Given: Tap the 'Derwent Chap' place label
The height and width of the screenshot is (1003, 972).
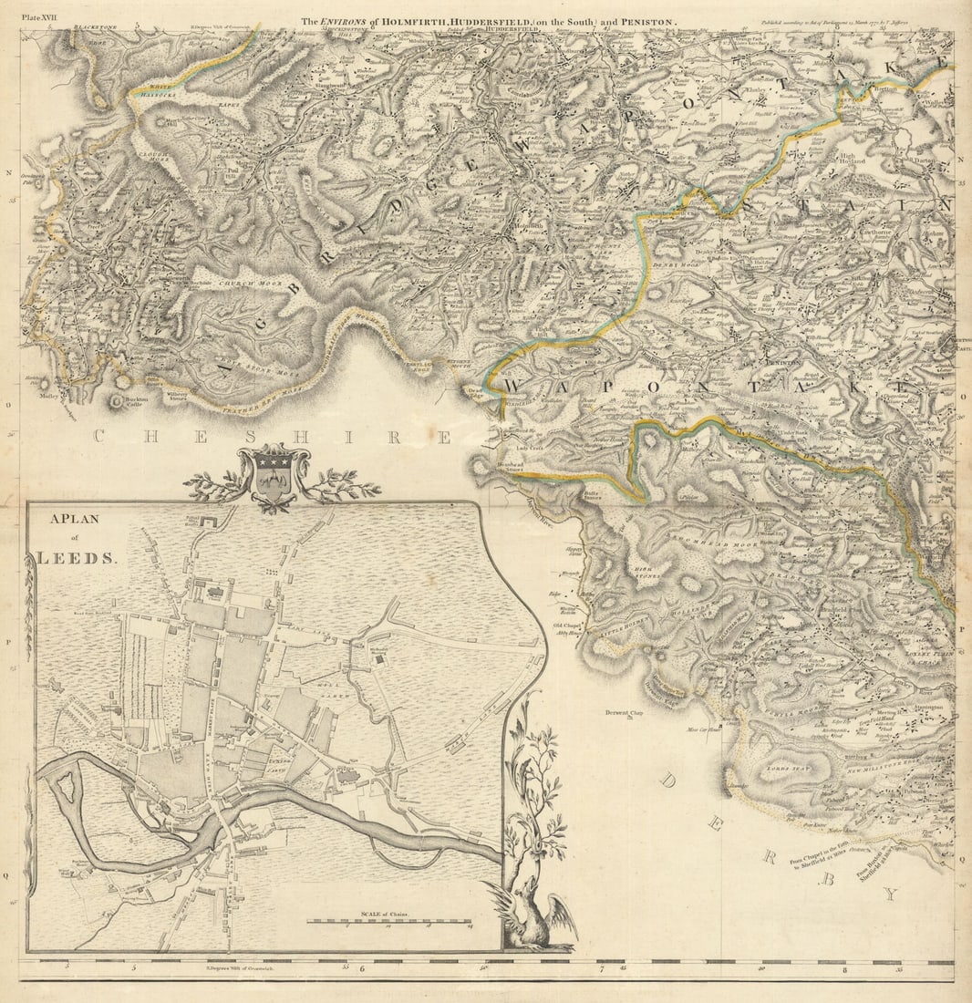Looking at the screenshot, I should [623, 713].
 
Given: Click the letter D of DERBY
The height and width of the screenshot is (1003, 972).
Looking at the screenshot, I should [670, 781].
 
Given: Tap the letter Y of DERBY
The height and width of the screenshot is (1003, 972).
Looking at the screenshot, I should [889, 894].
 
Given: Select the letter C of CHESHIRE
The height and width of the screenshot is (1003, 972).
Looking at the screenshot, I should [98, 437].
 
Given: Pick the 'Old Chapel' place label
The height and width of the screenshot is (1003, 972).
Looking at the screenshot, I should [567, 626].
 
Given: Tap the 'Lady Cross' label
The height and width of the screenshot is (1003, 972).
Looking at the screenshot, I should [533, 448].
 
